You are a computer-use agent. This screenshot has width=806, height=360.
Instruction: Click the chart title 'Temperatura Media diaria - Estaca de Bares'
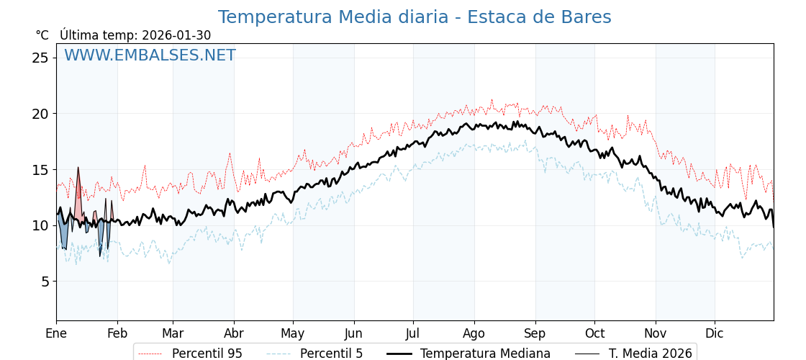pos(415,17)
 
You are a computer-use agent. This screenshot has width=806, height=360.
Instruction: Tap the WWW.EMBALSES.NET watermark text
pos(150,55)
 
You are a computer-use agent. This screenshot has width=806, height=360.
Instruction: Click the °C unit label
pos(42,35)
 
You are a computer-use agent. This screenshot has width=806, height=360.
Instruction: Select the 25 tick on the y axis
pos(40,58)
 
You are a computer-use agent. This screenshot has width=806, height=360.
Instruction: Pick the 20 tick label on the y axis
pos(40,114)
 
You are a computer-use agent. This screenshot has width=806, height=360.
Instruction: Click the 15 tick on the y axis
pos(40,170)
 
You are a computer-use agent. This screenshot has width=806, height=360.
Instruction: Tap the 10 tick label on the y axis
pos(40,225)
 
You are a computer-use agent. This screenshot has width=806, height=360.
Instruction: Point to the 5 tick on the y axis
pos(45,282)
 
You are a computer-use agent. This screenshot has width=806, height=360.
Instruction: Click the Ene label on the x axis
pos(56,333)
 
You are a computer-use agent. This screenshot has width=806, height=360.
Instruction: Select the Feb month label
pos(117,333)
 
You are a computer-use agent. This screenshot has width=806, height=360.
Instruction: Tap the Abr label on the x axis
pos(234,333)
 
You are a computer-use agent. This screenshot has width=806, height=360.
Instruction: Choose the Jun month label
pos(353,333)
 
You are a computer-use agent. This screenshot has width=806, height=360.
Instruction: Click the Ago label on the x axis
pos(474,333)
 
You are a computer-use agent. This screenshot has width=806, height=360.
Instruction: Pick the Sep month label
pos(535,333)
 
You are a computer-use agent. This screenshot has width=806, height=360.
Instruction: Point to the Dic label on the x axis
pos(714,333)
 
